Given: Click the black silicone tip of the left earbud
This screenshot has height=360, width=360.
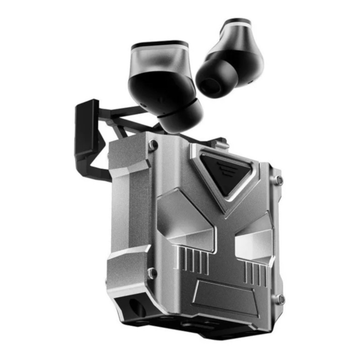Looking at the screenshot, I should click(x=180, y=115).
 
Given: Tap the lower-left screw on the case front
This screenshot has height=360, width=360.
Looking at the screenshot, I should click(x=153, y=273).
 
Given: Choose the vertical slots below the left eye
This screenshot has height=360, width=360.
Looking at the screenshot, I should click(x=195, y=261).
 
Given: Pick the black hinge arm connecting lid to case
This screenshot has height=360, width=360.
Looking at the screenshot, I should click(x=120, y=120).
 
